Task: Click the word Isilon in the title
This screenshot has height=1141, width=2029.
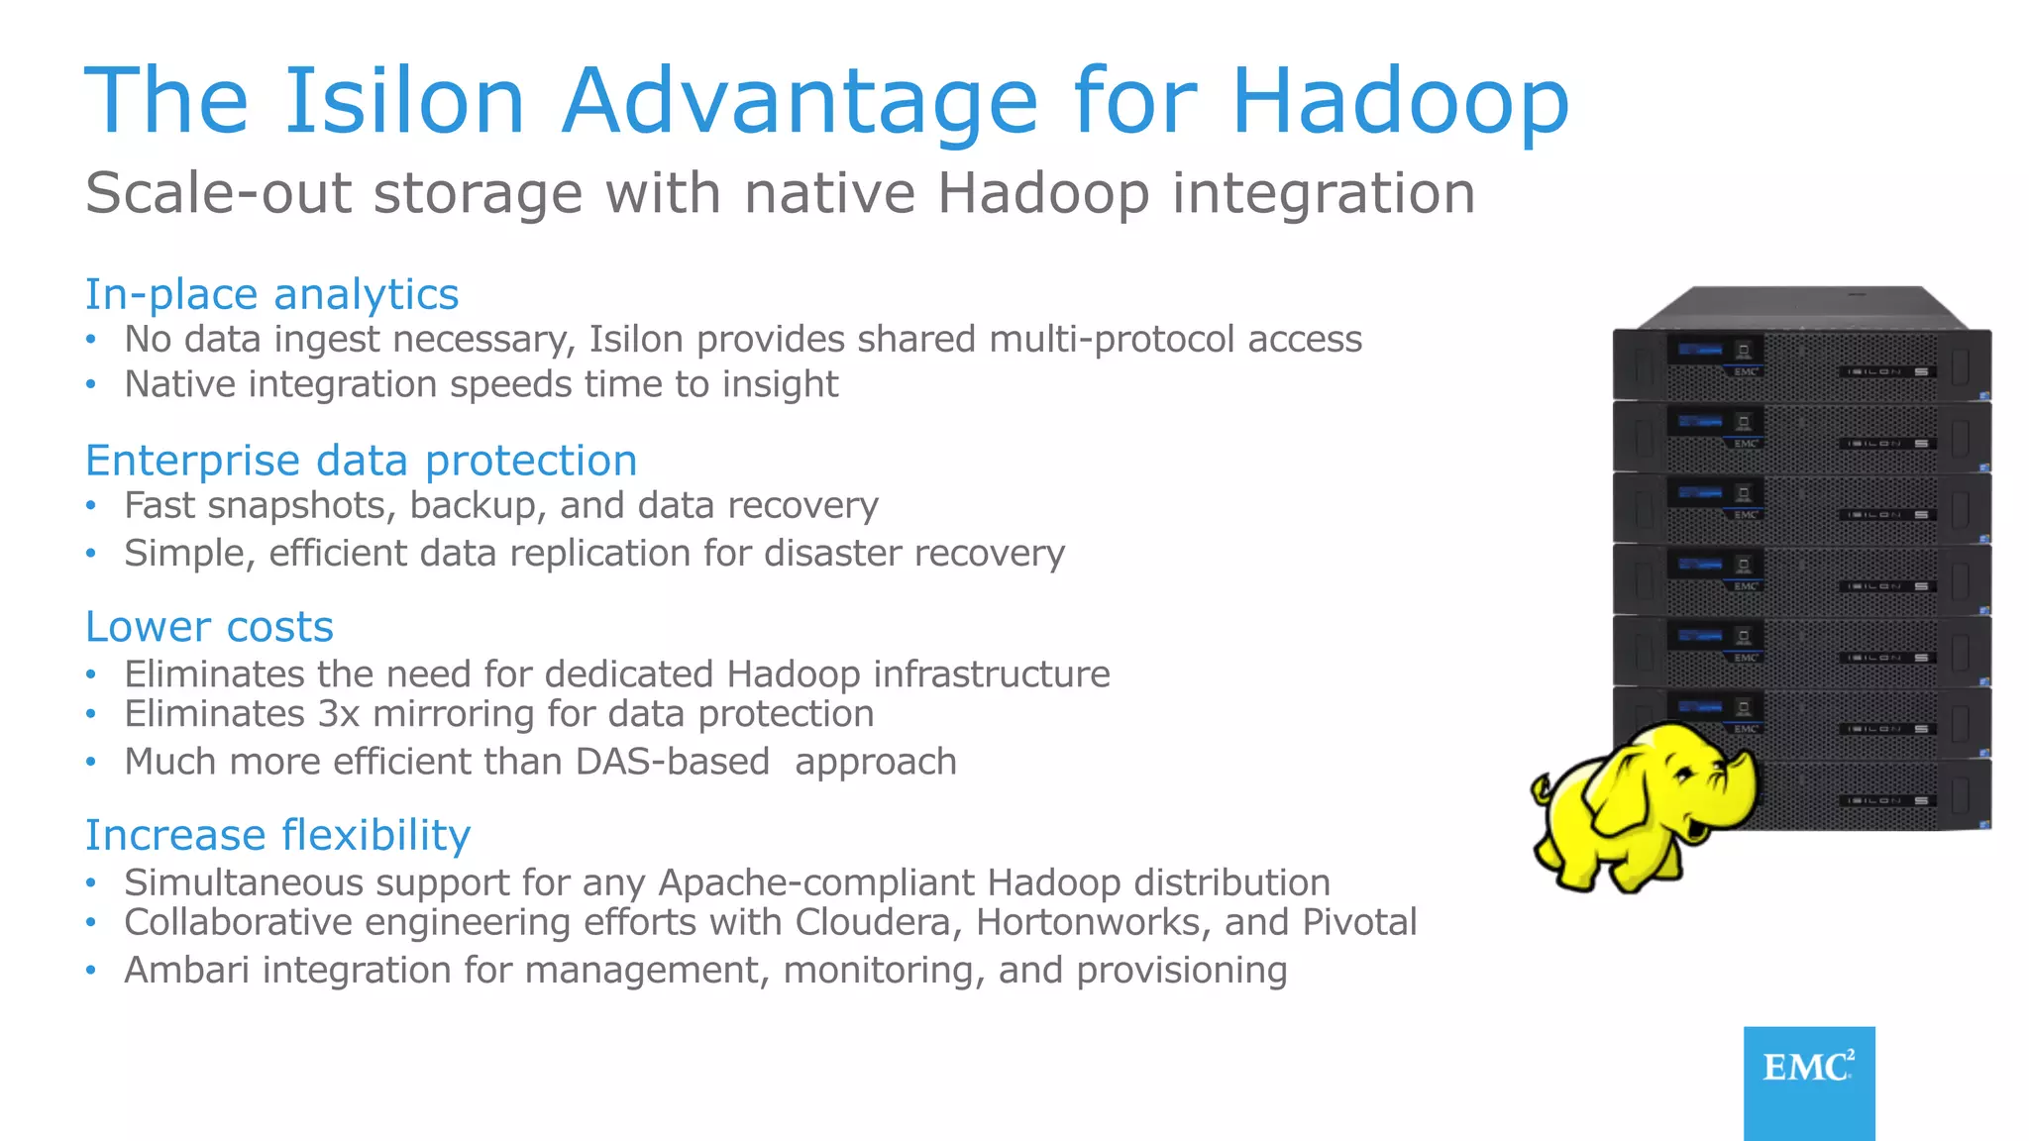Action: (404, 101)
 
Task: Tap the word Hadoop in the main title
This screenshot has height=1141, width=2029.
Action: (1399, 101)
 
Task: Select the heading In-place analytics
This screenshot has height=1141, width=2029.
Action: (271, 294)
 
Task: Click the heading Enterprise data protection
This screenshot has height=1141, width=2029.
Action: (361, 461)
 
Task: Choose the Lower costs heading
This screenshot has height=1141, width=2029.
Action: (209, 627)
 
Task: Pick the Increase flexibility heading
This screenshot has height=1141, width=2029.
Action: (277, 835)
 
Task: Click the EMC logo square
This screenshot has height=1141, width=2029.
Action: (1808, 1082)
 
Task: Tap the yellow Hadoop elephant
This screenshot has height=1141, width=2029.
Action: (1645, 807)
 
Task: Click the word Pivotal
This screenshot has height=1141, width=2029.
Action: (1359, 922)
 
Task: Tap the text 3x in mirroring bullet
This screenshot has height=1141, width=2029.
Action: (338, 714)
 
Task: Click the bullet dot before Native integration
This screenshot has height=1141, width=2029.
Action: (91, 384)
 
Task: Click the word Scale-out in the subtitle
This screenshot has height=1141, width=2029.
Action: (218, 192)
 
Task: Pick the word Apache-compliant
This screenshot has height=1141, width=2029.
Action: (816, 882)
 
